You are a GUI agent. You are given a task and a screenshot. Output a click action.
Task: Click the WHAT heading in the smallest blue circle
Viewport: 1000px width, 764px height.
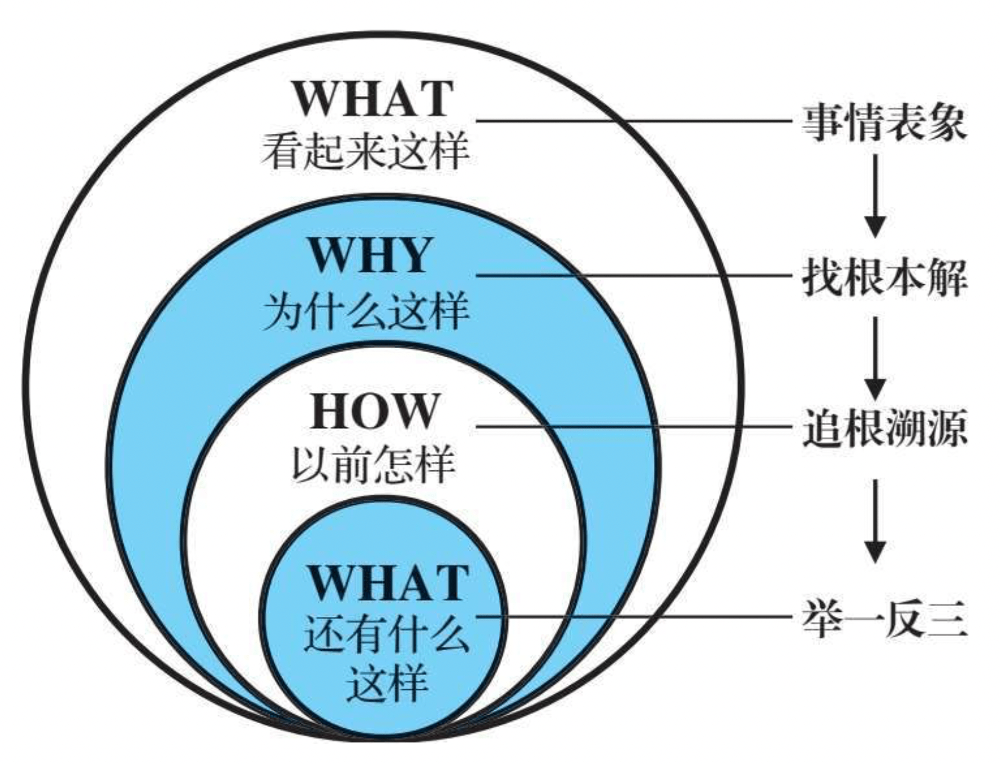point(389,582)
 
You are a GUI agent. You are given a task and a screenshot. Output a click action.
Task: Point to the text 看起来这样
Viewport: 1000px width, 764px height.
point(366,151)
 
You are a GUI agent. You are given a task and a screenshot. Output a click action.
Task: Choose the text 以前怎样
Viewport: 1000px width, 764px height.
point(374,464)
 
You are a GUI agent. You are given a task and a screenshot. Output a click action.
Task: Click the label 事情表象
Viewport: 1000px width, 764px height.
point(884,122)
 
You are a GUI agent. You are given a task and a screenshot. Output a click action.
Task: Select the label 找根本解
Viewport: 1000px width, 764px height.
point(884,277)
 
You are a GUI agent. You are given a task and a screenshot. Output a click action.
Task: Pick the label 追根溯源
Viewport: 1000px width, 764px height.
point(884,428)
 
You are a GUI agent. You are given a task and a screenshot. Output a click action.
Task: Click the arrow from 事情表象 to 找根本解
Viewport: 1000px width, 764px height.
point(875,195)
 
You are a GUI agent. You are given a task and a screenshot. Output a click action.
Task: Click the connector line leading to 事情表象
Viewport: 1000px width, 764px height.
point(632,121)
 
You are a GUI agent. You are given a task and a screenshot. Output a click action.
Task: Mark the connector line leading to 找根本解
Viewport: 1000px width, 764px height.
point(632,276)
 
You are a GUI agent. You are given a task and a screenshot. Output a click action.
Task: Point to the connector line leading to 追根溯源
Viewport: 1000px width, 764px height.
point(632,426)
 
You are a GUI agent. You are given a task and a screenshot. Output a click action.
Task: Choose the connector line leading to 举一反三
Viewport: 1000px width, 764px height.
point(632,617)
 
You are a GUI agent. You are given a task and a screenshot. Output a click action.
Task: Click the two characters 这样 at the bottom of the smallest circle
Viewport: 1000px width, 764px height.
point(386,682)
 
